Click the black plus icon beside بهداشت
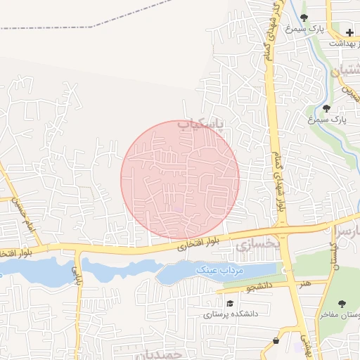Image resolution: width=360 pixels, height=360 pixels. coord(349,32)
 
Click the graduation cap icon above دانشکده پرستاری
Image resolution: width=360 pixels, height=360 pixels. coord(230,303)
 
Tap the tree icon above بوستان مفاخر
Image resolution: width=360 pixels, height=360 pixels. coord(342,304)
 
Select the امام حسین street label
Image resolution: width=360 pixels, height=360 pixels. coord(18,209)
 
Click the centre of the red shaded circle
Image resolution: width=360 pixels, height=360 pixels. coord(180,179)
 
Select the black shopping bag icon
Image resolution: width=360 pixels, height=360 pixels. coord(276,341)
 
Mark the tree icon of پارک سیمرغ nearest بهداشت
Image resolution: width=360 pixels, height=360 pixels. coord(304,18)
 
